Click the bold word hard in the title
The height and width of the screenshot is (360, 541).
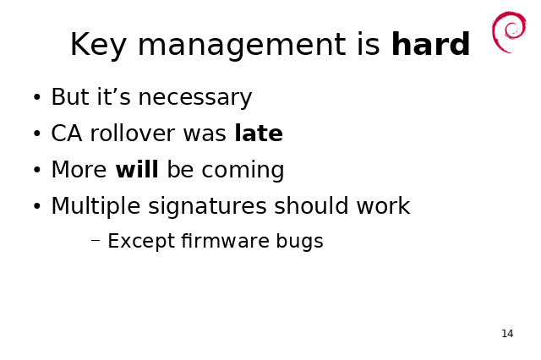431,44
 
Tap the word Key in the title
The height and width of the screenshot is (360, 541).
98,46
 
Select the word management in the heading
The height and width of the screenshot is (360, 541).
242,46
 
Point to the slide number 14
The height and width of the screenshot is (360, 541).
507,334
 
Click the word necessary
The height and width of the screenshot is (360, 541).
195,98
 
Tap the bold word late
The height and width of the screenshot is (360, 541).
259,133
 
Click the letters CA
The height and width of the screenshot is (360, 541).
67,134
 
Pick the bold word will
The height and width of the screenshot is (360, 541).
137,169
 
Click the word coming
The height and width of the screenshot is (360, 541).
243,171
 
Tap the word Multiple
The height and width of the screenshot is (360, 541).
96,206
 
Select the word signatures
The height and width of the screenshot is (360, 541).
207,206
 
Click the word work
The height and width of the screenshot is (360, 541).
383,205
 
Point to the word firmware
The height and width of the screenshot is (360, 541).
225,240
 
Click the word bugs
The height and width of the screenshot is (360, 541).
299,242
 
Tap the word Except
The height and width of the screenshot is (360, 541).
141,241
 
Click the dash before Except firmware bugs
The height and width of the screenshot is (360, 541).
96,241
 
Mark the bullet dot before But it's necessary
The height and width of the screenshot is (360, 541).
37,97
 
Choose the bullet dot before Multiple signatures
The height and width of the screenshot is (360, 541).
37,206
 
